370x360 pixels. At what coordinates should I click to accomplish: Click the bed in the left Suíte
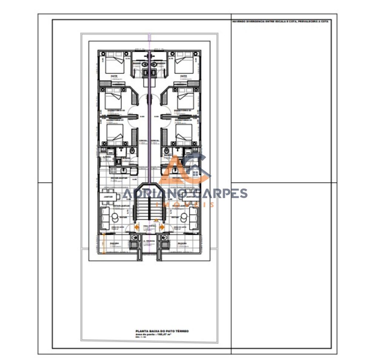click(115, 65)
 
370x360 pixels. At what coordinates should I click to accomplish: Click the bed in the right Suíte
click(184, 65)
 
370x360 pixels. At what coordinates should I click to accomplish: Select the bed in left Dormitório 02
click(113, 100)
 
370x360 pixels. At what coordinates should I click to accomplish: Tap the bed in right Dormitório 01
click(184, 134)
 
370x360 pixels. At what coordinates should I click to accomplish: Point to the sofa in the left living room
click(105, 218)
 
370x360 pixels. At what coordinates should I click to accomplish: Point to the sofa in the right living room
click(194, 218)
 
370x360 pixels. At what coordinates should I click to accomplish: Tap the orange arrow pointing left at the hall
click(137, 227)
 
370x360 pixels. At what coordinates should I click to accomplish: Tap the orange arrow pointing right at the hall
click(162, 227)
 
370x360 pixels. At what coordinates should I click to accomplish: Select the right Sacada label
click(182, 244)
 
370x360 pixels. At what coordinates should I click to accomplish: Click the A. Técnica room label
click(149, 241)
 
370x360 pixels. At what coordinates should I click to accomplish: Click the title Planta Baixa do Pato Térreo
click(162, 331)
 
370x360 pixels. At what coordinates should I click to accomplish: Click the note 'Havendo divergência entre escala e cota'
click(280, 21)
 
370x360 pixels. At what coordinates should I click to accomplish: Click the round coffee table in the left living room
click(115, 216)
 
